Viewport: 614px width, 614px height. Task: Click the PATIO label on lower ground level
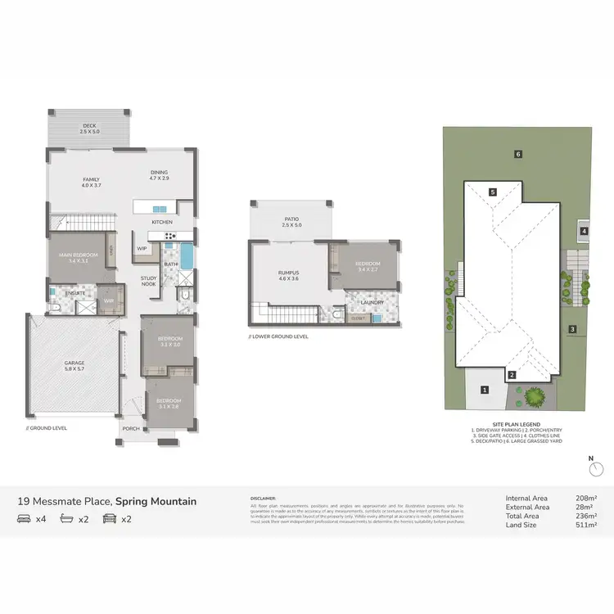(291, 221)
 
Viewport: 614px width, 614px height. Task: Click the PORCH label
(131, 427)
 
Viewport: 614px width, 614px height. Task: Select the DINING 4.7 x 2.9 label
(159, 174)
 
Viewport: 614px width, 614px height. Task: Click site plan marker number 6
(518, 154)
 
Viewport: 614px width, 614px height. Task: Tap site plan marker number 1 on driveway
(485, 390)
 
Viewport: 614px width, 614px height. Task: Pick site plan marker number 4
(584, 232)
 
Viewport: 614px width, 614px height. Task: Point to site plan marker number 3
(573, 330)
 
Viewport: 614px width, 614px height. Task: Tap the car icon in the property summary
(106, 519)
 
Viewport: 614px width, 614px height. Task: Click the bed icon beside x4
(25, 519)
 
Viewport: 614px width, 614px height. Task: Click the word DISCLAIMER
(264, 497)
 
